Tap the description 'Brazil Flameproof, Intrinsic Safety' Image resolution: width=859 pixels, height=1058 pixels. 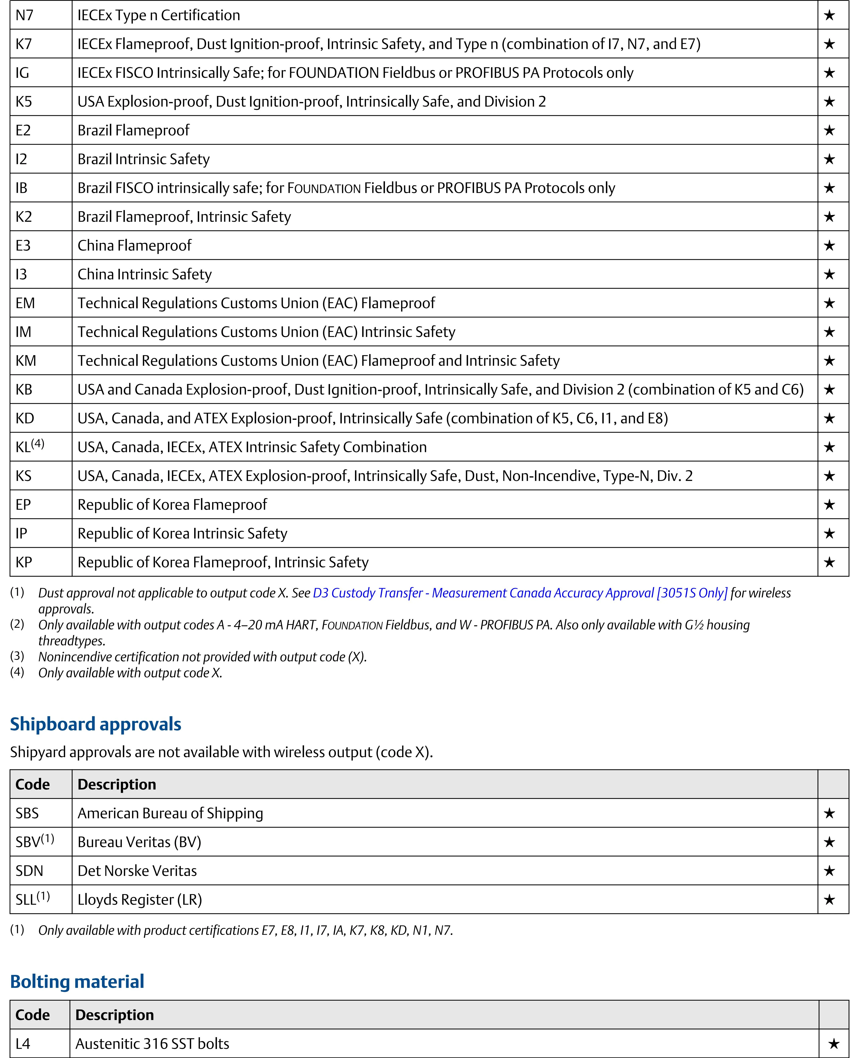point(184,217)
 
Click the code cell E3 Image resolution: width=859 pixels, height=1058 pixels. point(23,245)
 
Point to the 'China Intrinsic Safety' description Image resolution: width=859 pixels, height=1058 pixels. point(144,274)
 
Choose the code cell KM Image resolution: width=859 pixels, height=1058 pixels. point(26,361)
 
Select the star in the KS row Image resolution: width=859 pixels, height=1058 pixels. point(829,476)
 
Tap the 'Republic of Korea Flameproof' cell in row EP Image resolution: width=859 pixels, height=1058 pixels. point(172,505)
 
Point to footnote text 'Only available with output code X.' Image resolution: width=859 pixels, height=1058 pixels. point(130,673)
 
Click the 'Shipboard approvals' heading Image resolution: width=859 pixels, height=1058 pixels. point(95,724)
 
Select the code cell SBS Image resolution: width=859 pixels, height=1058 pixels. point(27,813)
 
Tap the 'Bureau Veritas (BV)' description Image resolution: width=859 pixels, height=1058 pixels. point(140,842)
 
